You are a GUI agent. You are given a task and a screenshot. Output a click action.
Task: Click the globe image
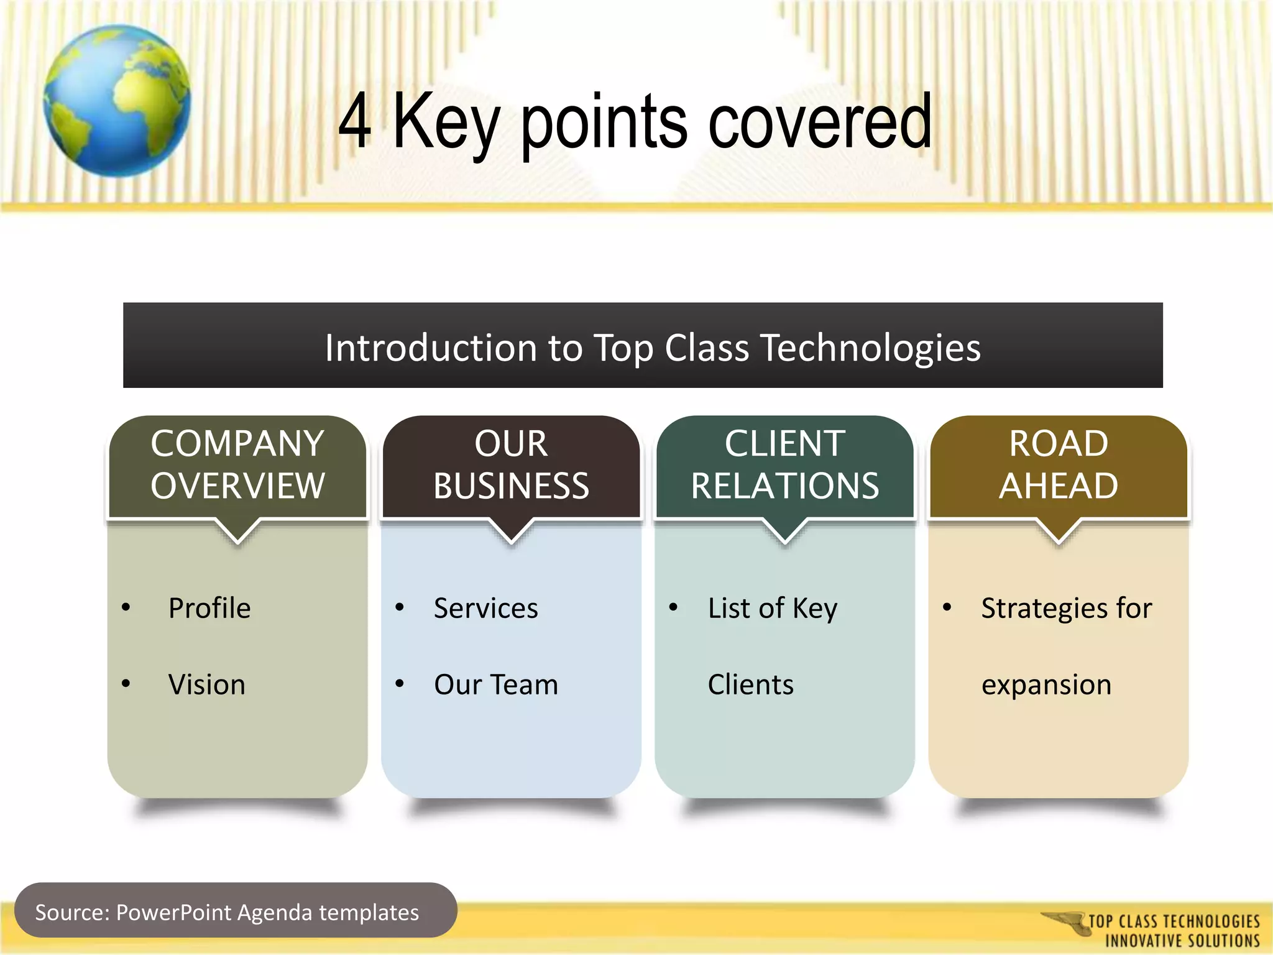(117, 101)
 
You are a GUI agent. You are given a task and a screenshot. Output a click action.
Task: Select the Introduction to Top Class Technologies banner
(643, 346)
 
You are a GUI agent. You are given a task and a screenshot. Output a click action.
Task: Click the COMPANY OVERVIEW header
(237, 465)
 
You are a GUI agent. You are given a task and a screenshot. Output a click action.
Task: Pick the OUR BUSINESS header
(511, 465)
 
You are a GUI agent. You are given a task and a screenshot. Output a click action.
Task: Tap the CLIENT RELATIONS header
(784, 465)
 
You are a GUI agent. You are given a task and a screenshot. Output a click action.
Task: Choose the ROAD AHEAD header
(1058, 465)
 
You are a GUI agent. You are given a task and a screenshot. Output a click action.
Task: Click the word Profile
(209, 608)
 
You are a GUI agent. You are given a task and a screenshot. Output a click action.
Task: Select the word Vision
(206, 685)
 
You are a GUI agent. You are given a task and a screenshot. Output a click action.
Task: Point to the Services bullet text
(485, 608)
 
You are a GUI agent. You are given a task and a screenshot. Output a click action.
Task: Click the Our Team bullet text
(495, 685)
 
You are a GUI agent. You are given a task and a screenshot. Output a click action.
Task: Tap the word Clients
(750, 685)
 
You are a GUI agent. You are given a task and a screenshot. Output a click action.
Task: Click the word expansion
(1046, 685)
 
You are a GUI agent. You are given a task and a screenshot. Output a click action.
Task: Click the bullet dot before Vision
(126, 684)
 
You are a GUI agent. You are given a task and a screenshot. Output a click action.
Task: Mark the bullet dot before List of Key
(673, 607)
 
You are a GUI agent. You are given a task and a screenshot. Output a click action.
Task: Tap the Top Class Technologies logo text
(1173, 930)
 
